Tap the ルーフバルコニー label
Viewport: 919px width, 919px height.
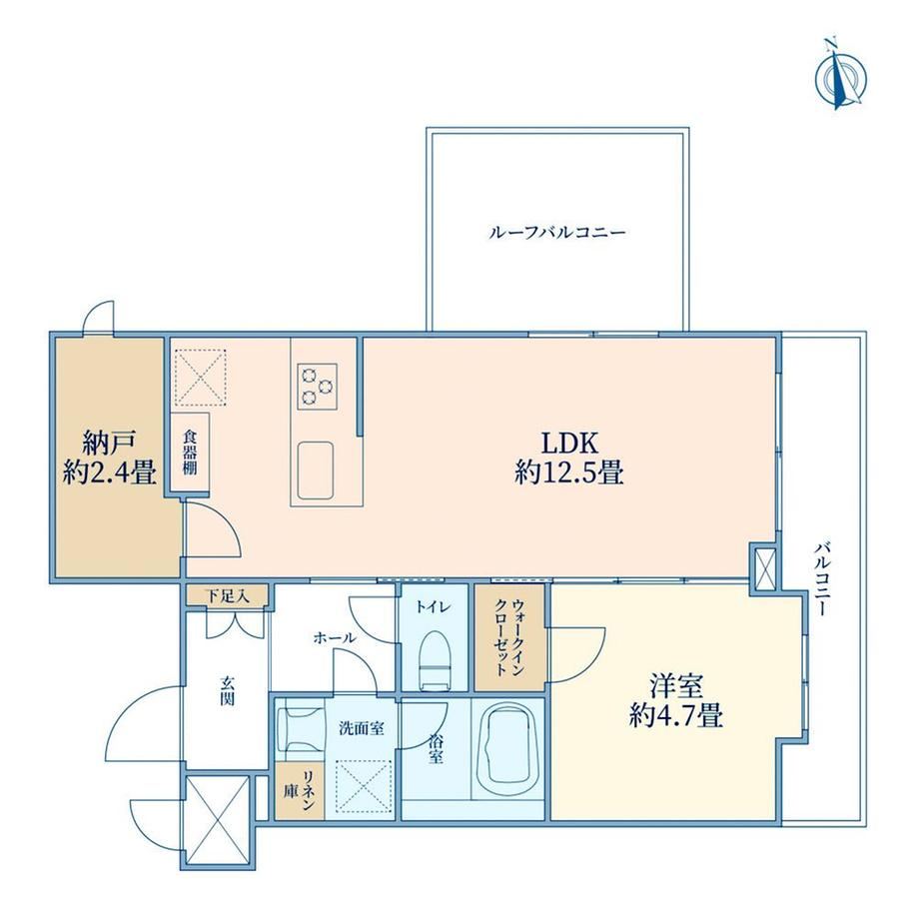pyautogui.click(x=556, y=233)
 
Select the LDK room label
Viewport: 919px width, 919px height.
pyautogui.click(x=569, y=444)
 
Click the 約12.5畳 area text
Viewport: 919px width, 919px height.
pyautogui.click(x=569, y=471)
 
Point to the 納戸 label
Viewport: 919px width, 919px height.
pyautogui.click(x=110, y=443)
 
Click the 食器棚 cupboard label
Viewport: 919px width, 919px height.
pyautogui.click(x=190, y=453)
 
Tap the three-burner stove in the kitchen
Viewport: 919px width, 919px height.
pyautogui.click(x=317, y=386)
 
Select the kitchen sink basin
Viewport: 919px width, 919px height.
pyautogui.click(x=316, y=470)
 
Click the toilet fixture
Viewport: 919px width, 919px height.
pyautogui.click(x=434, y=659)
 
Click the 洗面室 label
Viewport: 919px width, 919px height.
pyautogui.click(x=362, y=728)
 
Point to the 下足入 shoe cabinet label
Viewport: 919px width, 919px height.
pyautogui.click(x=228, y=596)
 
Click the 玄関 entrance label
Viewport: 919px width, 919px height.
pyautogui.click(x=228, y=690)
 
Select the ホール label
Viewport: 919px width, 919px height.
pyautogui.click(x=334, y=638)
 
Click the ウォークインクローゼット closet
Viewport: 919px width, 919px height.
pyautogui.click(x=509, y=637)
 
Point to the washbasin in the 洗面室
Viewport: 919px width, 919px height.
pyautogui.click(x=301, y=728)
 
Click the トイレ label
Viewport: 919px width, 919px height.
pyautogui.click(x=434, y=607)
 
